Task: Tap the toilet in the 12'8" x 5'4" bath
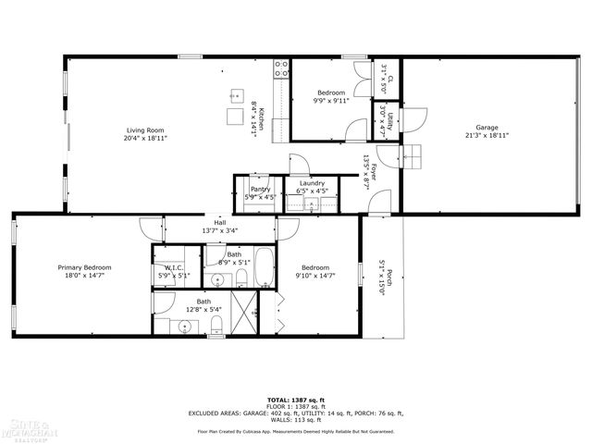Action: point(216,323)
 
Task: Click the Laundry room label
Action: point(312,183)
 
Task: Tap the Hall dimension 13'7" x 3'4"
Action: point(219,230)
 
